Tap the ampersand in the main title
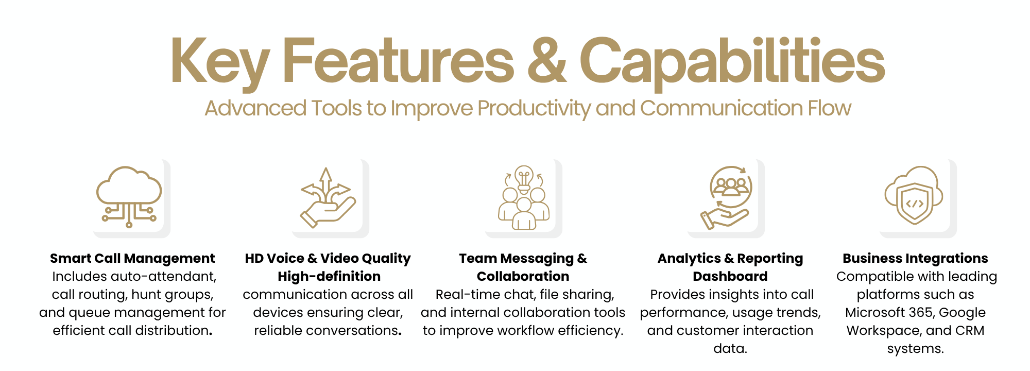pyautogui.click(x=547, y=61)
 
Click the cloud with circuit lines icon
pyautogui.click(x=129, y=197)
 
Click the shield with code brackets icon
pyautogui.click(x=914, y=195)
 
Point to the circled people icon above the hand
pyautogui.click(x=731, y=186)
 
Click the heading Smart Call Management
pyautogui.click(x=132, y=258)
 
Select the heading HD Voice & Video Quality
pyautogui.click(x=328, y=258)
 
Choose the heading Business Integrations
pyautogui.click(x=915, y=258)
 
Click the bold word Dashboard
pyautogui.click(x=730, y=276)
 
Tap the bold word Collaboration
pyautogui.click(x=523, y=276)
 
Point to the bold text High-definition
pyautogui.click(x=329, y=276)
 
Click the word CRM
pyautogui.click(x=970, y=330)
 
